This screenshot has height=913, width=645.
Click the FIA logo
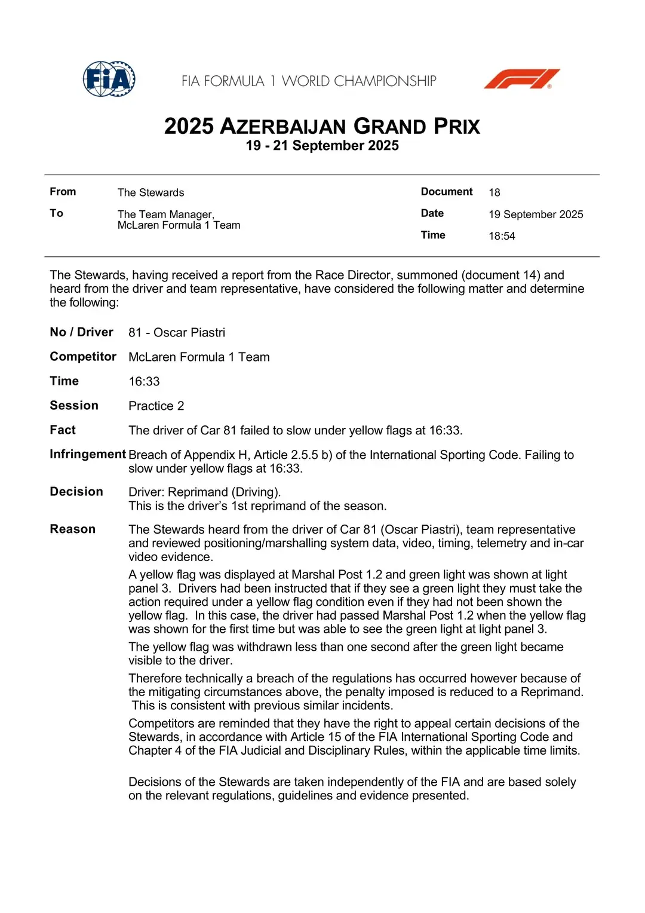click(x=109, y=79)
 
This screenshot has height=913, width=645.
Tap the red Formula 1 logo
click(x=521, y=79)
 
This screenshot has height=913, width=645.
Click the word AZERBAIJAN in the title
click(x=283, y=127)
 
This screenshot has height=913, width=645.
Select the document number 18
click(x=494, y=192)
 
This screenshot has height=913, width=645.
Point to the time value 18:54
click(x=502, y=236)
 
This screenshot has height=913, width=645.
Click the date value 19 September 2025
click(x=536, y=215)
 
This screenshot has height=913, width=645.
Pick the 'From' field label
click(x=63, y=192)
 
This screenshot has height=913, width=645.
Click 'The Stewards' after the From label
click(x=150, y=192)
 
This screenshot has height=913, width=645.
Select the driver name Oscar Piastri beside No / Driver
click(x=189, y=333)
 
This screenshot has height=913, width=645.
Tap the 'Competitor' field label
click(x=83, y=357)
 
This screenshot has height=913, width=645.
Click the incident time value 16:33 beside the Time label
click(x=144, y=382)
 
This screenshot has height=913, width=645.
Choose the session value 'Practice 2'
click(x=156, y=406)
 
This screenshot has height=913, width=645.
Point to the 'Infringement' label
click(x=88, y=454)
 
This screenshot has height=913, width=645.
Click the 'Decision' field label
click(x=76, y=492)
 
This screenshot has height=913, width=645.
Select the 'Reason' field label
click(x=72, y=529)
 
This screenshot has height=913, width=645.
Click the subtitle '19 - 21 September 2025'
click(x=322, y=146)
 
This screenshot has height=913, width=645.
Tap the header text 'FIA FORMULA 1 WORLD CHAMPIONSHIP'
click(x=309, y=81)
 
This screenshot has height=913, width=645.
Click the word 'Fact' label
click(x=63, y=430)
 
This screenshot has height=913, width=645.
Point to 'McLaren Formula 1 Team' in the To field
click(x=179, y=225)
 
